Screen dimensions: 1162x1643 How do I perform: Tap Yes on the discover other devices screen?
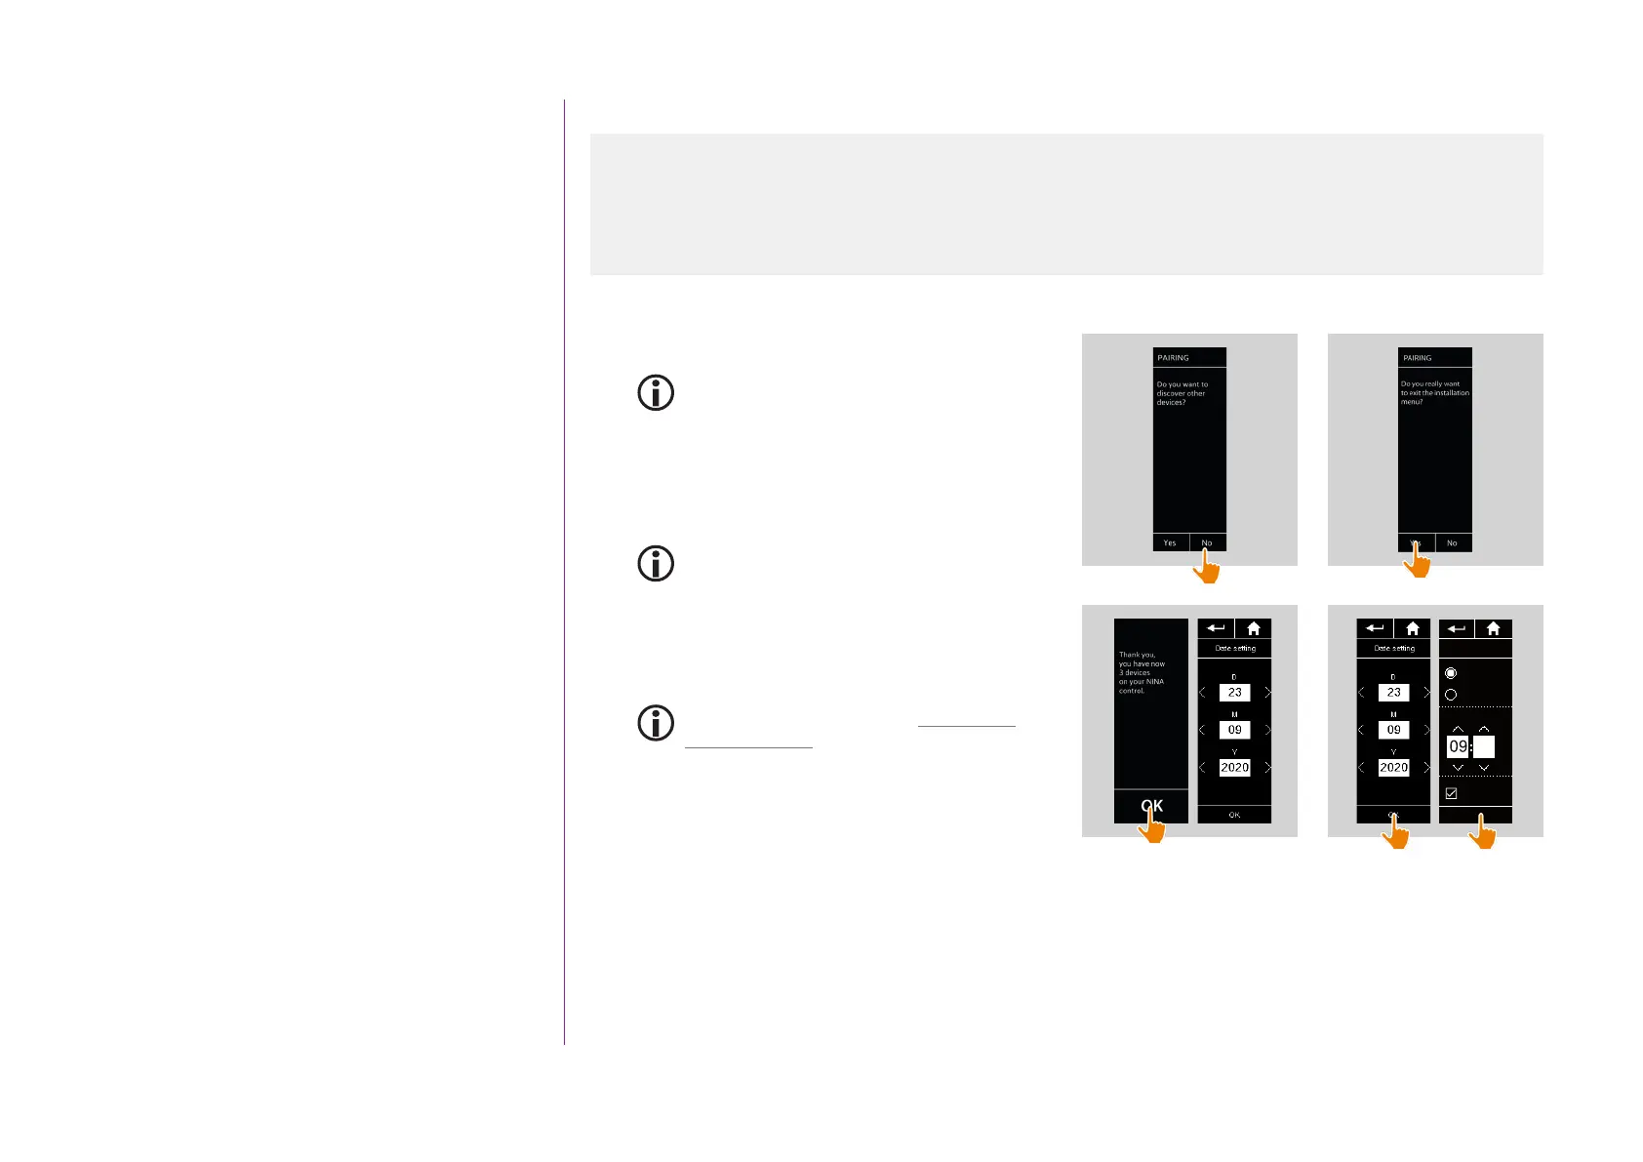point(1170,542)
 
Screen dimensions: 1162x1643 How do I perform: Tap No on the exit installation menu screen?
point(1452,542)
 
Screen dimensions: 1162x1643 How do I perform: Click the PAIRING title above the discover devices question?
point(1173,358)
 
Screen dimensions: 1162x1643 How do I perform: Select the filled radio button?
point(1451,673)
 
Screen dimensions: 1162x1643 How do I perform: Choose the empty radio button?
point(1451,695)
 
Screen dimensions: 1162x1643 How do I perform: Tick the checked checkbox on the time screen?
point(1451,793)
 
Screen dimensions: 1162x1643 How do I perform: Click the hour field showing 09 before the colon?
point(1458,746)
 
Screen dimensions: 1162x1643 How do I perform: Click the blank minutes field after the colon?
point(1484,746)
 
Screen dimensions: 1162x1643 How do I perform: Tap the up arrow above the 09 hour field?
point(1458,729)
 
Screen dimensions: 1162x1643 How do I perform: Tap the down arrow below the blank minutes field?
point(1484,768)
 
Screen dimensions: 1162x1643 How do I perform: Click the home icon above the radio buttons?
point(1493,629)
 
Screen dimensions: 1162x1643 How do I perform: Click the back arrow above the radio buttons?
point(1457,629)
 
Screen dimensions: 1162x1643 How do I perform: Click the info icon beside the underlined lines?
point(656,723)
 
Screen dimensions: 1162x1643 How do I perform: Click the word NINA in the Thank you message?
point(1155,681)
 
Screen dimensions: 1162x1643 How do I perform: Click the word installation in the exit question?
point(1452,393)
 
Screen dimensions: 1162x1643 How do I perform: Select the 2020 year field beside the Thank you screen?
point(1234,768)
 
